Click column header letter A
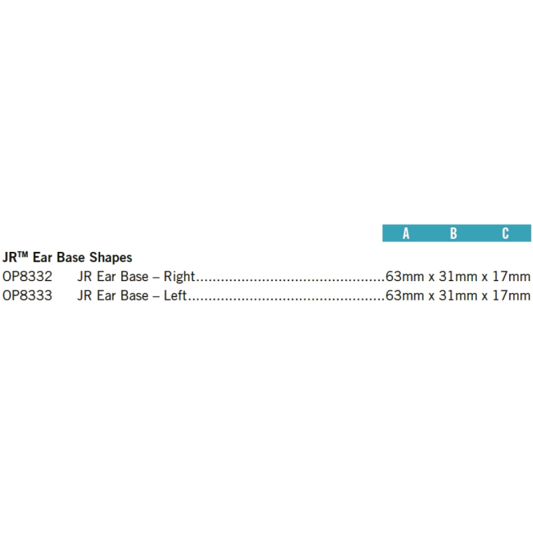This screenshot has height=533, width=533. pos(406,234)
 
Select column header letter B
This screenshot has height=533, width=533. pos(454,234)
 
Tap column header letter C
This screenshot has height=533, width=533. pos(506,234)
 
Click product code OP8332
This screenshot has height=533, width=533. pos(27,276)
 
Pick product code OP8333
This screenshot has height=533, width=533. pos(27,295)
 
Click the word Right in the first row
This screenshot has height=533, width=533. pos(179,276)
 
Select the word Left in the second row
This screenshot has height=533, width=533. pos(175,295)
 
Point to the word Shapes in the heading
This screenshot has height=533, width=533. pos(111,258)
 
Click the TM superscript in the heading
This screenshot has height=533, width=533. pos(23,254)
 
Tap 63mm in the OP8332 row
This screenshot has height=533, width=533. pos(404,276)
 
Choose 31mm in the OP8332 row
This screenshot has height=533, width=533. pos(458,276)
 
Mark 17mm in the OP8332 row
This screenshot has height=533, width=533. pos(512,276)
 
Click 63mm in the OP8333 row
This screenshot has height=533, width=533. pos(404,295)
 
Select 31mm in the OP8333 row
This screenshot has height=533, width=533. pos(458,295)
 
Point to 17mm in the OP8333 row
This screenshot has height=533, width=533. pos(512,295)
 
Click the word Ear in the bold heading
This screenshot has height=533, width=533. pos(42,257)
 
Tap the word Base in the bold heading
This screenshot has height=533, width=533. pos(71,257)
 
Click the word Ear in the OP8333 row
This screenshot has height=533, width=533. pos(106,295)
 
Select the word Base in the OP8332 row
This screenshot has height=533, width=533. pos(135,276)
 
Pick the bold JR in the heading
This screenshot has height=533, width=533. pos(10,257)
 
